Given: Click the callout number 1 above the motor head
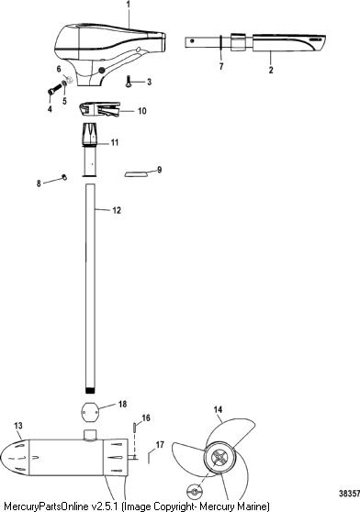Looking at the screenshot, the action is point(128,5).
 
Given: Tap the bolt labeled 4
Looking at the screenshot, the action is point(55,89).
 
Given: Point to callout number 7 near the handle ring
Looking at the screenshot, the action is point(221,66).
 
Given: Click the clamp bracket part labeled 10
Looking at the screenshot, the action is point(100,109).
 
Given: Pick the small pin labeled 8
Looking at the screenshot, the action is point(64,177).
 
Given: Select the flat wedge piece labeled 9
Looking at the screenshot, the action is point(136,173).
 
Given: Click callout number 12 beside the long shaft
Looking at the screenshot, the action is point(117,210).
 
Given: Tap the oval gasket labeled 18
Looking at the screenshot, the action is point(89,408).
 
